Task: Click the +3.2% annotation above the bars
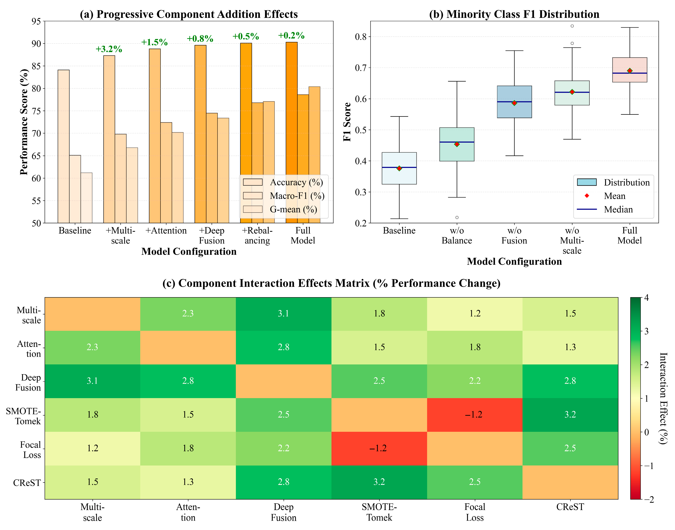point(109,49)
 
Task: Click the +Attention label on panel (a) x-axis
point(166,231)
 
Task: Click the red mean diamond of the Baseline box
point(399,168)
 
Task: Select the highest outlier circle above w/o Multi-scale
point(572,26)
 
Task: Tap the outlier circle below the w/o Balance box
point(457,217)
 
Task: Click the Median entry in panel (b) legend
point(618,209)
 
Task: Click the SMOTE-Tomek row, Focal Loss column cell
point(474,415)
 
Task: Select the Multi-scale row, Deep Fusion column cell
point(284,314)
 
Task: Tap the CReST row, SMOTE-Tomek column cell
point(379,482)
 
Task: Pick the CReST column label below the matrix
point(570,507)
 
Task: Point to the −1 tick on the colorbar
point(648,466)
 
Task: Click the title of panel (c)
point(331,283)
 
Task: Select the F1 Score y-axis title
point(347,122)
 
